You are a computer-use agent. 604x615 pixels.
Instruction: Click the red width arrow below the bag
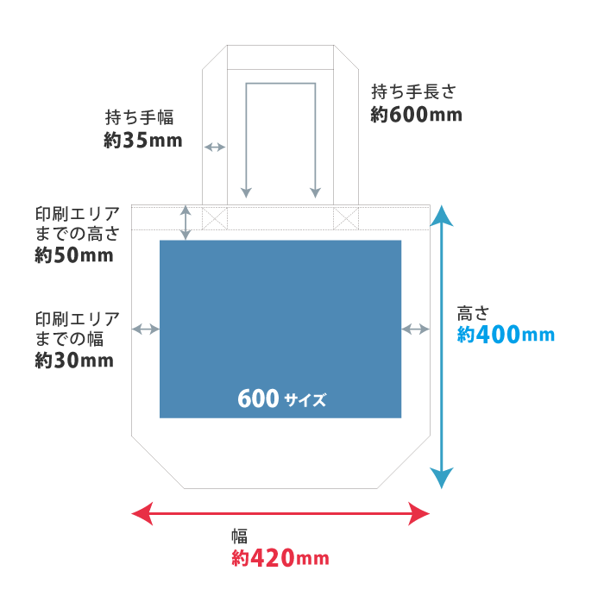280,515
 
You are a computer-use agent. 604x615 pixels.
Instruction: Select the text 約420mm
280,558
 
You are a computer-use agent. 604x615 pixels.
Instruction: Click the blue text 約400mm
506,335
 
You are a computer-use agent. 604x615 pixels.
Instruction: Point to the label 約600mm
416,114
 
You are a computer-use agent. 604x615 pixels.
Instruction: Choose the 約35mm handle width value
143,140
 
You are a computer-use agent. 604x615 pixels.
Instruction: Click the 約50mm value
74,255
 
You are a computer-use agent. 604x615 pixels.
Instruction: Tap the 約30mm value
74,361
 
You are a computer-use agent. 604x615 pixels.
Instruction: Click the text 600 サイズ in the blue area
281,399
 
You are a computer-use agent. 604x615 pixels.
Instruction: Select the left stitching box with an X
214,217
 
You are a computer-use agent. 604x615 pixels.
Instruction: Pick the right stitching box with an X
346,217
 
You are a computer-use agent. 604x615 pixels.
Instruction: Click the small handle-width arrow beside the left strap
214,147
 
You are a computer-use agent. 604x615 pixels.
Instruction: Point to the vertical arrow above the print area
186,223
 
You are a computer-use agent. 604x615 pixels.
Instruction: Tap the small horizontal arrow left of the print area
146,329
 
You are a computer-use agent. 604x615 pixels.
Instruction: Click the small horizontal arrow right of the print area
416,329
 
